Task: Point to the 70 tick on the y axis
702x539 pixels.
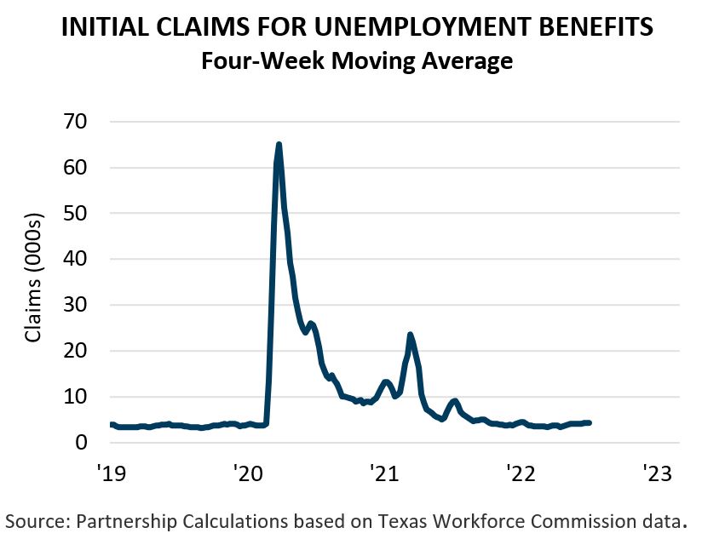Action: pyautogui.click(x=85, y=122)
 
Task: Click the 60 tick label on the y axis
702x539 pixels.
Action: pyautogui.click(x=85, y=168)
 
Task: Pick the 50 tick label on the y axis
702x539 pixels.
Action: pyautogui.click(x=85, y=213)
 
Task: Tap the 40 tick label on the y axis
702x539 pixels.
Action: pyautogui.click(x=85, y=259)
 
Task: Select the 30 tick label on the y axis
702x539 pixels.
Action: pyautogui.click(x=85, y=305)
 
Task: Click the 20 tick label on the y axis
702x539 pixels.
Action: pyautogui.click(x=85, y=351)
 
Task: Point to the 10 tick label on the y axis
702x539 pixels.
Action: pyautogui.click(x=85, y=397)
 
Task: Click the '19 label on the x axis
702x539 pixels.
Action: pyautogui.click(x=110, y=472)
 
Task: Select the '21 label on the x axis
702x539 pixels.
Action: pyautogui.click(x=384, y=472)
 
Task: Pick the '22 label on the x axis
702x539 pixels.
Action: pyautogui.click(x=521, y=472)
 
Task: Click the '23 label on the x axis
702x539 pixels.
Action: pyautogui.click(x=659, y=472)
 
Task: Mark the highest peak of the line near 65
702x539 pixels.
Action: pyautogui.click(x=279, y=145)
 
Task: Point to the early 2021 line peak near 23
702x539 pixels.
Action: pyautogui.click(x=411, y=335)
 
